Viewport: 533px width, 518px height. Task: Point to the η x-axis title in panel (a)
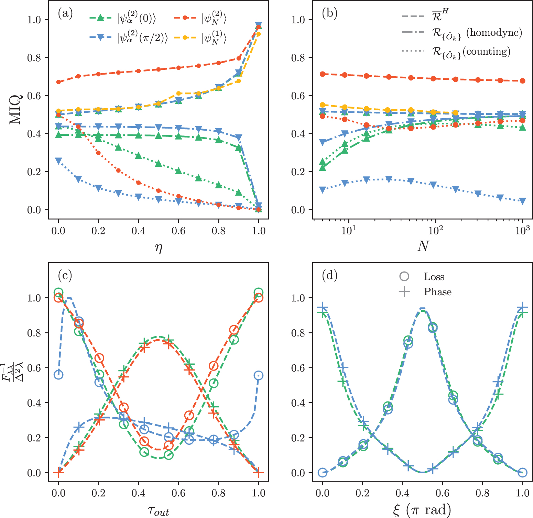(159, 247)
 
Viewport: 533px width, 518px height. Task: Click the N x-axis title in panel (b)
(423, 246)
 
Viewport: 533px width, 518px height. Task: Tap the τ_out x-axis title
(159, 510)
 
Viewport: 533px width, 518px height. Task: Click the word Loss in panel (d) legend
(434, 277)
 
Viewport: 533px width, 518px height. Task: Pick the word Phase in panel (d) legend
(437, 292)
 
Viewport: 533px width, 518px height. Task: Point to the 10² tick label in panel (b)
(435, 230)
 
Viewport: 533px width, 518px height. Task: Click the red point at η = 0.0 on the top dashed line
(58, 82)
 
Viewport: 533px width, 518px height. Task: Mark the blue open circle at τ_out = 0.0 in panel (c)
(58, 374)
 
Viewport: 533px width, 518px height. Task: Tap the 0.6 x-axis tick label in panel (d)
(442, 493)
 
